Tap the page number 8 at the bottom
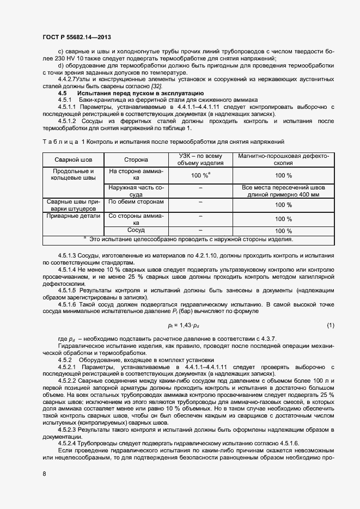pos(44,474)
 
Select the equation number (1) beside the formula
pos(330,326)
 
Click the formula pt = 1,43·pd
pos(184,326)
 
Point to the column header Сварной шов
pos(73,160)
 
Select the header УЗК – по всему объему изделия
pos(201,160)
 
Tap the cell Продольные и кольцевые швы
pos(73,175)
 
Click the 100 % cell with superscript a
pos(200,175)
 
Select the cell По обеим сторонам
pos(129,201)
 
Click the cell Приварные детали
pos(73,216)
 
